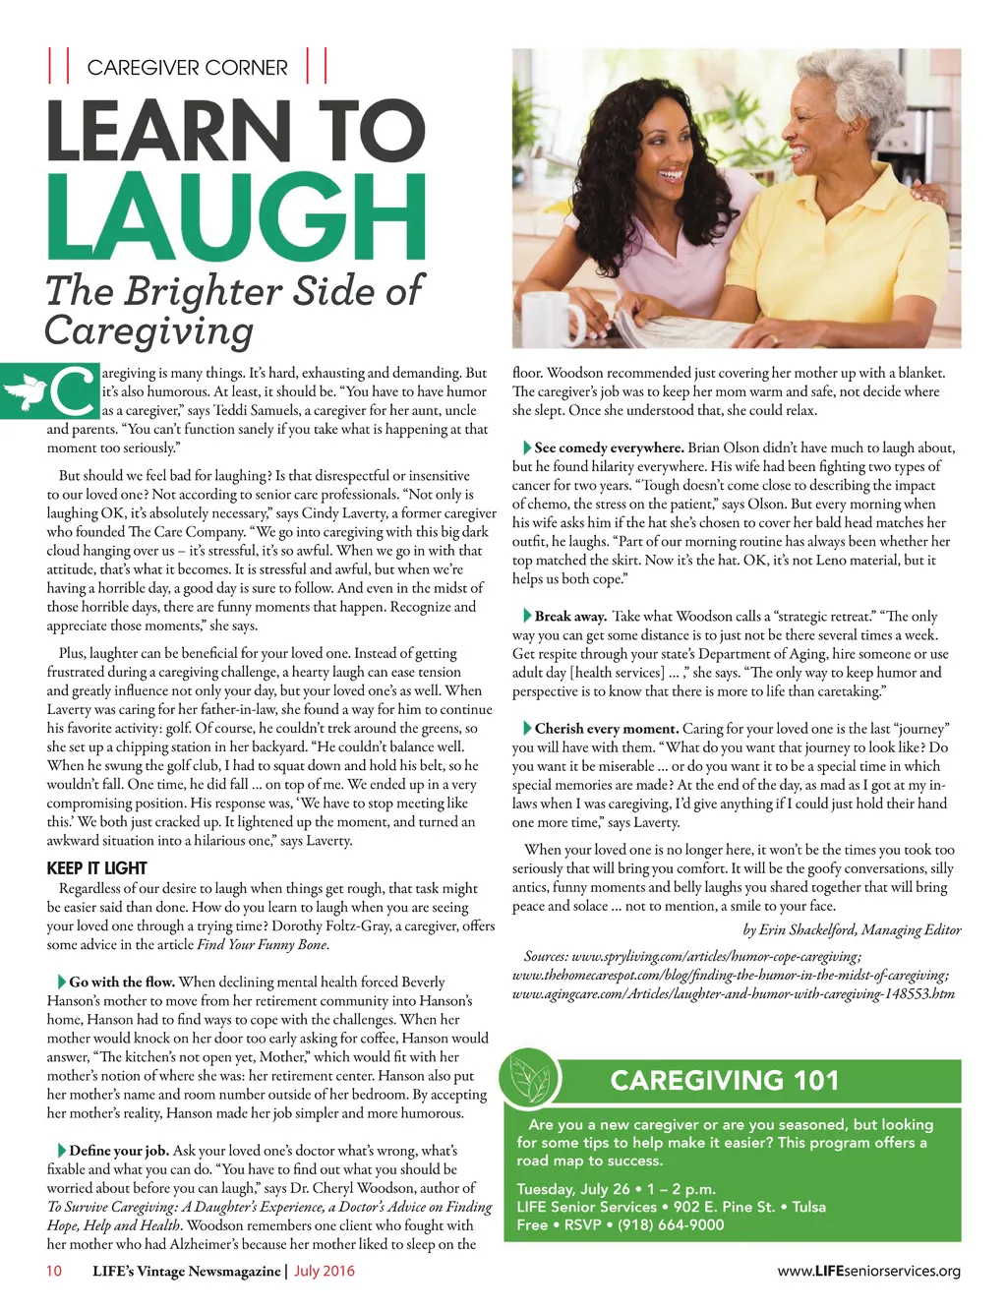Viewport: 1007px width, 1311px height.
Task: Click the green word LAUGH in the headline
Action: tap(236, 217)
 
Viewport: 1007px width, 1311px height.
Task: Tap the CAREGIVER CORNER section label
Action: tap(187, 68)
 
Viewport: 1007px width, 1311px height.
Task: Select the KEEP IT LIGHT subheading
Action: tap(96, 868)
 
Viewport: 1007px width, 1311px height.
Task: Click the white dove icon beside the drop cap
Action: tap(25, 392)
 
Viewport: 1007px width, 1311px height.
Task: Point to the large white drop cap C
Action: tap(73, 391)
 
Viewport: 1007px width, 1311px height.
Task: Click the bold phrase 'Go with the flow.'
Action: tap(122, 982)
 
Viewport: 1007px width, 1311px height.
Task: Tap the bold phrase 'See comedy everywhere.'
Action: tap(609, 447)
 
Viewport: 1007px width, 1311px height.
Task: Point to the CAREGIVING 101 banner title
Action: tap(725, 1081)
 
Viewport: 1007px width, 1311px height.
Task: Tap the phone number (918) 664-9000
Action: tap(671, 1224)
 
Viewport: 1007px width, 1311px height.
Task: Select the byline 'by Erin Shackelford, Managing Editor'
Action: tap(852, 929)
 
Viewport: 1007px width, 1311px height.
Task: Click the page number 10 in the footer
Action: tap(54, 1271)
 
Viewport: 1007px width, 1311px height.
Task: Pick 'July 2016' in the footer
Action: tap(325, 1271)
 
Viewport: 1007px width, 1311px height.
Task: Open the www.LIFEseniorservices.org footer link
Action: tap(868, 1271)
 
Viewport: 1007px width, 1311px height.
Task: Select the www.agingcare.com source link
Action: tap(733, 993)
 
